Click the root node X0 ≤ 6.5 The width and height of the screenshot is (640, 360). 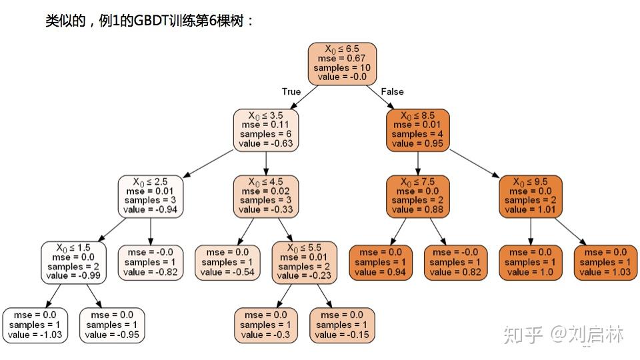[342, 63]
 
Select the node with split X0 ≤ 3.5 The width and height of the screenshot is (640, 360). [266, 129]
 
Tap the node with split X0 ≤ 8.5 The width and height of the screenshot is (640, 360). [417, 129]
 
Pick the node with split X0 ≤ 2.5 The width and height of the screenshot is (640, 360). [151, 195]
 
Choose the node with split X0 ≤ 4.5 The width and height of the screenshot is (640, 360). [266, 195]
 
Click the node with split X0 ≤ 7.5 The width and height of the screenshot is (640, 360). [417, 195]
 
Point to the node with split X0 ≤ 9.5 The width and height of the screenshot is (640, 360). [531, 195]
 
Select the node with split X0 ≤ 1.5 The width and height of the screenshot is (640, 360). [75, 261]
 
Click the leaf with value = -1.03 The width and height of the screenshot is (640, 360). [35, 325]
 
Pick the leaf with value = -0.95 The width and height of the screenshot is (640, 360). [112, 325]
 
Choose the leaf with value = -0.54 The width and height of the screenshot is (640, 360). [228, 262]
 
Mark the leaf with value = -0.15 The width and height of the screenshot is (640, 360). [341, 325]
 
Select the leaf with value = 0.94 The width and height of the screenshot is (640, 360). [381, 262]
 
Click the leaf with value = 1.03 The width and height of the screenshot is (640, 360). [606, 262]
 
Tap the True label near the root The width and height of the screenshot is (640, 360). [291, 92]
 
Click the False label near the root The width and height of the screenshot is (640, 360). [392, 92]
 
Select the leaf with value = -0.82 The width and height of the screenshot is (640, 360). [151, 262]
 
